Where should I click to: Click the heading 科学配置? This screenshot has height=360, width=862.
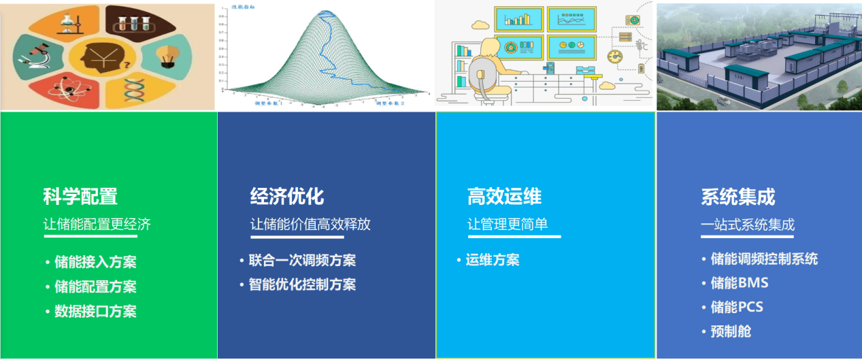click(80, 197)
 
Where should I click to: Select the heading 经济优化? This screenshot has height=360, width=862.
click(287, 197)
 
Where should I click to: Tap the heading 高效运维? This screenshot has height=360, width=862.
click(504, 197)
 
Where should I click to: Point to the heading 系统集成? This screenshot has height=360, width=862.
click(738, 197)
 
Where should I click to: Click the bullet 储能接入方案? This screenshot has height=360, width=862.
click(95, 263)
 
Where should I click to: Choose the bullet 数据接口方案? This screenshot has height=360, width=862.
click(95, 312)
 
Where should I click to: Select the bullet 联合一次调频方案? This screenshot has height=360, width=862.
click(302, 261)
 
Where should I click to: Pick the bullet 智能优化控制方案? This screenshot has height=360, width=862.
click(302, 285)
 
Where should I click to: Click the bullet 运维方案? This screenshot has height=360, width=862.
click(493, 261)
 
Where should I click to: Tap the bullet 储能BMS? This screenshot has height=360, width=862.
click(739, 283)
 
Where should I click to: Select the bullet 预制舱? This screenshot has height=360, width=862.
click(731, 332)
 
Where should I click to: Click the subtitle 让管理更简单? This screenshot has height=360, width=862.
click(508, 225)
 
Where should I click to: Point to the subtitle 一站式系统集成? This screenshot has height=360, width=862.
click(748, 225)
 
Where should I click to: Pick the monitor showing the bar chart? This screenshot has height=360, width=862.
click(518, 19)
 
